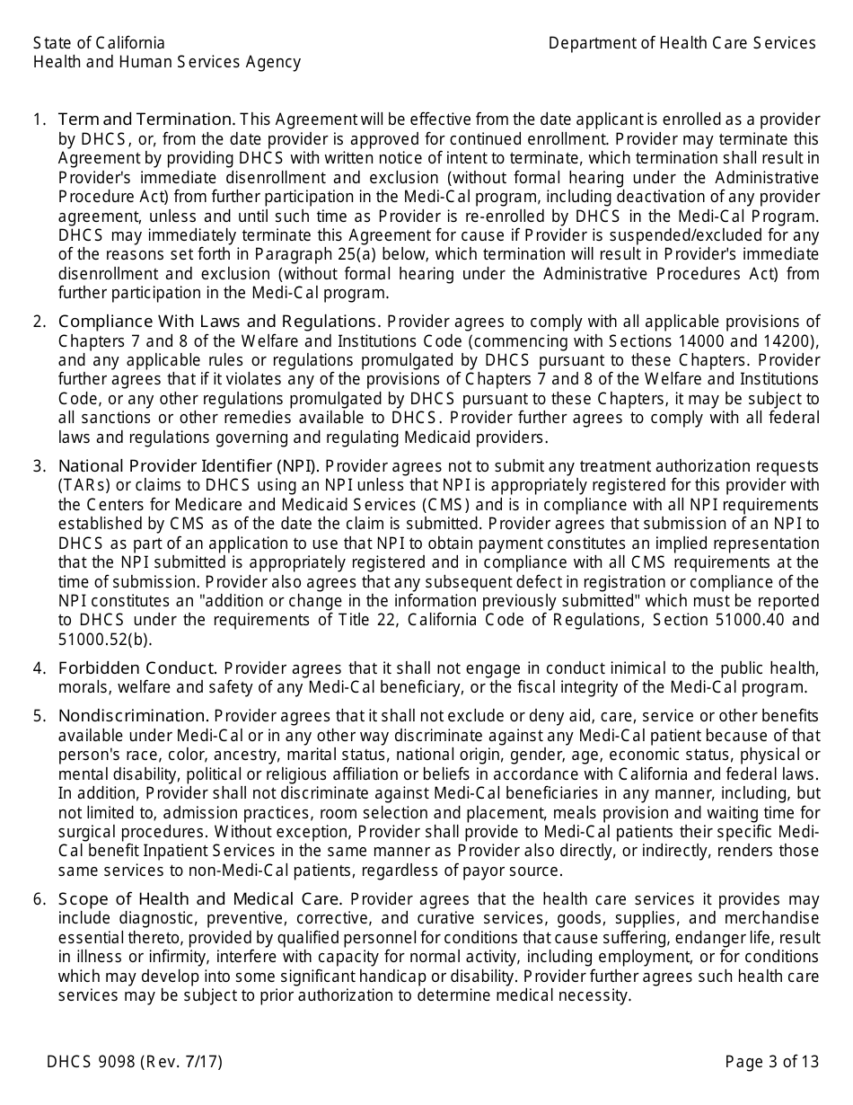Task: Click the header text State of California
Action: pyautogui.click(x=99, y=43)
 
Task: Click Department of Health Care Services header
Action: pyautogui.click(x=682, y=43)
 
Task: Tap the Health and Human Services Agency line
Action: pyautogui.click(x=166, y=62)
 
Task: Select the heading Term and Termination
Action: pyautogui.click(x=146, y=119)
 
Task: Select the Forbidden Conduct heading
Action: pyautogui.click(x=138, y=667)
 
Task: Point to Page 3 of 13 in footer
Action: pyautogui.click(x=771, y=1062)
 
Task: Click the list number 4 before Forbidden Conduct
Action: pyautogui.click(x=39, y=667)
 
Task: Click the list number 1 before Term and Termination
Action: pyautogui.click(x=39, y=119)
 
